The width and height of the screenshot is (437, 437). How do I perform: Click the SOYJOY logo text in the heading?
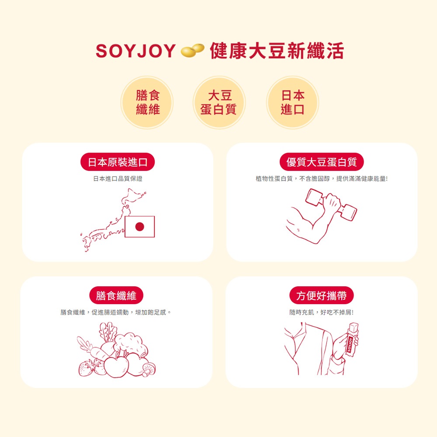pyautogui.click(x=135, y=51)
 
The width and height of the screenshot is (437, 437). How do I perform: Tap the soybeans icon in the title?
pyautogui.click(x=193, y=50)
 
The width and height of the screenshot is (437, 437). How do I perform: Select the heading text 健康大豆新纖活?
pyautogui.click(x=277, y=51)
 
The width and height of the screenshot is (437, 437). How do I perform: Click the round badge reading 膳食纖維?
pyautogui.click(x=147, y=102)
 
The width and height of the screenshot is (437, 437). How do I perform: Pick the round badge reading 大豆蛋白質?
pyautogui.click(x=219, y=102)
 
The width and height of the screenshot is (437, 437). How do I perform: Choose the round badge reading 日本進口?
pyautogui.click(x=292, y=102)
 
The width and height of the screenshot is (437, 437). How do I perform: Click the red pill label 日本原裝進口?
pyautogui.click(x=118, y=162)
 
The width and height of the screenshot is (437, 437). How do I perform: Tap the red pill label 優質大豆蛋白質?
pyautogui.click(x=322, y=162)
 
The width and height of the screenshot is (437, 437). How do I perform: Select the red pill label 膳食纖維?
pyautogui.click(x=116, y=295)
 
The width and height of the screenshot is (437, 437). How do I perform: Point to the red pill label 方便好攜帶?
pyautogui.click(x=321, y=295)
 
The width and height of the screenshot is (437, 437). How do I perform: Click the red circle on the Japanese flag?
pyautogui.click(x=140, y=227)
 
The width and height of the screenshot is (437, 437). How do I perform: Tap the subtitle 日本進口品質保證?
pyautogui.click(x=118, y=179)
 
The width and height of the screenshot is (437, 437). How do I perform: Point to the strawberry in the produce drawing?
pyautogui.click(x=86, y=368)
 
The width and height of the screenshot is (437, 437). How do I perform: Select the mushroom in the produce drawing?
pyautogui.click(x=149, y=370)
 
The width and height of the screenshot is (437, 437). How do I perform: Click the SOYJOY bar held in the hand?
pyautogui.click(x=352, y=340)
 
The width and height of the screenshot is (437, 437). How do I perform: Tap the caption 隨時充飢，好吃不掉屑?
pyautogui.click(x=321, y=312)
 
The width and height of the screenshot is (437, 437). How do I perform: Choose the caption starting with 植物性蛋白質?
pyautogui.click(x=322, y=179)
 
